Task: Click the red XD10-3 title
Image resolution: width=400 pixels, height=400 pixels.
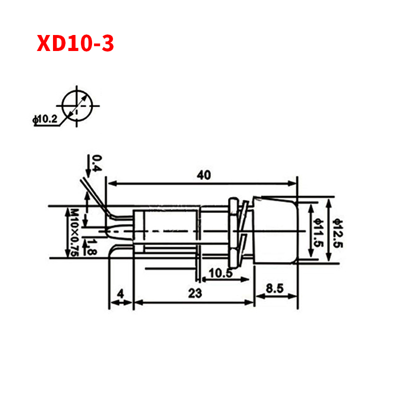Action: tap(75, 43)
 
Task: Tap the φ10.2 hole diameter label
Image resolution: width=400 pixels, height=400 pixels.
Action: tap(45, 119)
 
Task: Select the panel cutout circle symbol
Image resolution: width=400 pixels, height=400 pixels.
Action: tap(77, 105)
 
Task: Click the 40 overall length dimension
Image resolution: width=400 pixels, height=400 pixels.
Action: tap(204, 175)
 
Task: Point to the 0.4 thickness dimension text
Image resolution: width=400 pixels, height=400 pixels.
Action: tap(96, 163)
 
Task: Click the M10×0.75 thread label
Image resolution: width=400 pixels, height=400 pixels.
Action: tap(74, 232)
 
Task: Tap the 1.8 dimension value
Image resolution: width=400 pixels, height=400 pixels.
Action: tap(91, 247)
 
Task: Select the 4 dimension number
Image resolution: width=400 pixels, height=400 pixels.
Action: tap(120, 293)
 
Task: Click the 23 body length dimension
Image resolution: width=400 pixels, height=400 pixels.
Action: tap(195, 293)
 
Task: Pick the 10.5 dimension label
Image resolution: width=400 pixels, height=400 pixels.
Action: tap(220, 273)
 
